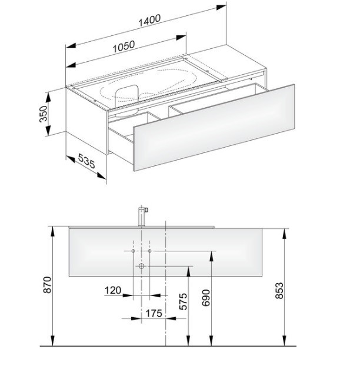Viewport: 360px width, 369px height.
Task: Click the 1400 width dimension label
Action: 149,20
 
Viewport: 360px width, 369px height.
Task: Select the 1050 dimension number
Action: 124,46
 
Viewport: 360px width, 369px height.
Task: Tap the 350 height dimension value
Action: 44,114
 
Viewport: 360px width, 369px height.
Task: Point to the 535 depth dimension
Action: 86,161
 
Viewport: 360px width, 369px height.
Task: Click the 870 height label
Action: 47,285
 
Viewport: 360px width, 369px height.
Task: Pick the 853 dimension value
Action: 279,290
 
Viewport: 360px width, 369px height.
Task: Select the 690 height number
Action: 206,298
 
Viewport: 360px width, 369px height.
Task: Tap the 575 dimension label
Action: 183,301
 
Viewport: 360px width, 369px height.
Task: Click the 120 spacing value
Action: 113,290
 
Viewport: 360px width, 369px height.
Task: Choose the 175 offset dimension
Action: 154,313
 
